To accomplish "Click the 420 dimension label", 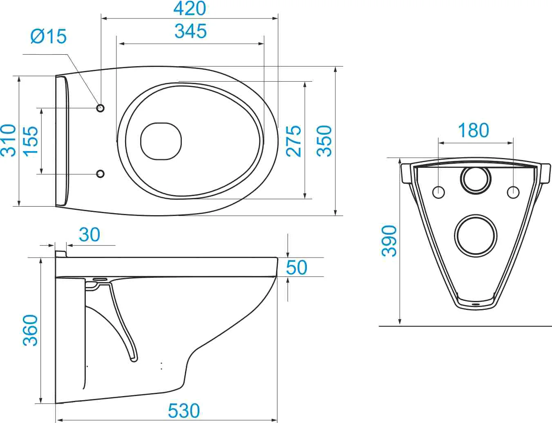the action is click(x=190, y=9).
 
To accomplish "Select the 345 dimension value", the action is click(x=190, y=31).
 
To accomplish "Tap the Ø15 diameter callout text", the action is click(x=49, y=36).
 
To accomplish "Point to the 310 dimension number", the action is click(x=9, y=140).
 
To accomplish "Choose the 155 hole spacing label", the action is click(x=31, y=140).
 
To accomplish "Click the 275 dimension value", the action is click(x=293, y=141).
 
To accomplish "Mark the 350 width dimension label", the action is click(x=324, y=141).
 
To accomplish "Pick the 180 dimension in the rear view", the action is click(x=473, y=130).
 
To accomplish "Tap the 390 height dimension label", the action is click(x=389, y=241).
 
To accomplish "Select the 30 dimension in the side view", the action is click(x=89, y=234).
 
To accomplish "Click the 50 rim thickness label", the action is click(x=297, y=267).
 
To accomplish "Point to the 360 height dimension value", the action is click(x=30, y=330).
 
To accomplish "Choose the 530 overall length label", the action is click(x=184, y=410).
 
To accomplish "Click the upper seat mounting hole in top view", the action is click(x=101, y=108).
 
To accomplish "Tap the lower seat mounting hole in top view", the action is click(x=101, y=174).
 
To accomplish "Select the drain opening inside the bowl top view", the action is click(x=161, y=141).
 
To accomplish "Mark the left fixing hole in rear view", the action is click(x=438, y=192).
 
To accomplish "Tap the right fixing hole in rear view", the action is click(x=513, y=192).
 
